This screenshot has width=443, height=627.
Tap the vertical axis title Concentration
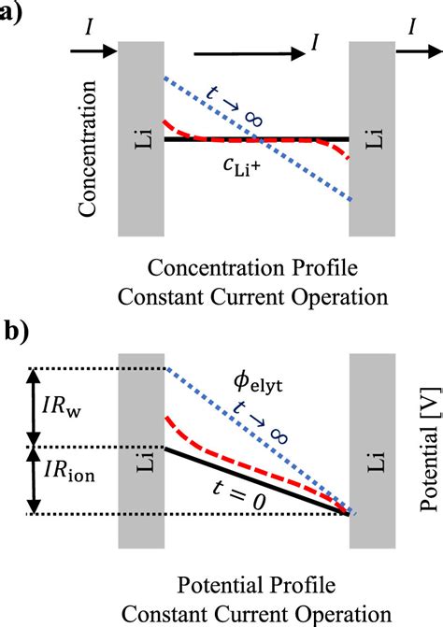pyautogui.click(x=89, y=149)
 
